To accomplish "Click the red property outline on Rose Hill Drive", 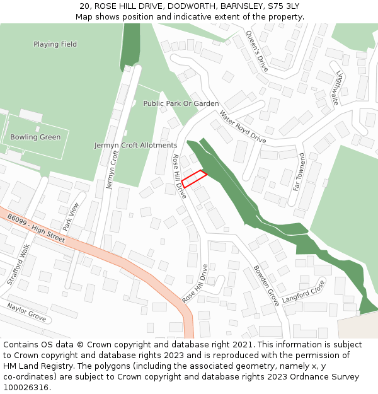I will click(x=195, y=179).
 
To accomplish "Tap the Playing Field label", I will click(x=55, y=44).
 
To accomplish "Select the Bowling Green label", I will click(x=35, y=137).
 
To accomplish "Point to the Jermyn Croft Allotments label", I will click(x=135, y=145).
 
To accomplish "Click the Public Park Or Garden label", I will click(x=181, y=103).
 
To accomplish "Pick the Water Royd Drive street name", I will click(x=243, y=127).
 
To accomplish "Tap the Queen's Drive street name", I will click(x=257, y=51).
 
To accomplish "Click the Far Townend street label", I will click(x=299, y=171).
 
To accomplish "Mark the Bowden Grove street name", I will click(x=266, y=286).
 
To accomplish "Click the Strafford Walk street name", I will click(x=18, y=265).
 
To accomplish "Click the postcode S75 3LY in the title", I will click(x=283, y=6).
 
